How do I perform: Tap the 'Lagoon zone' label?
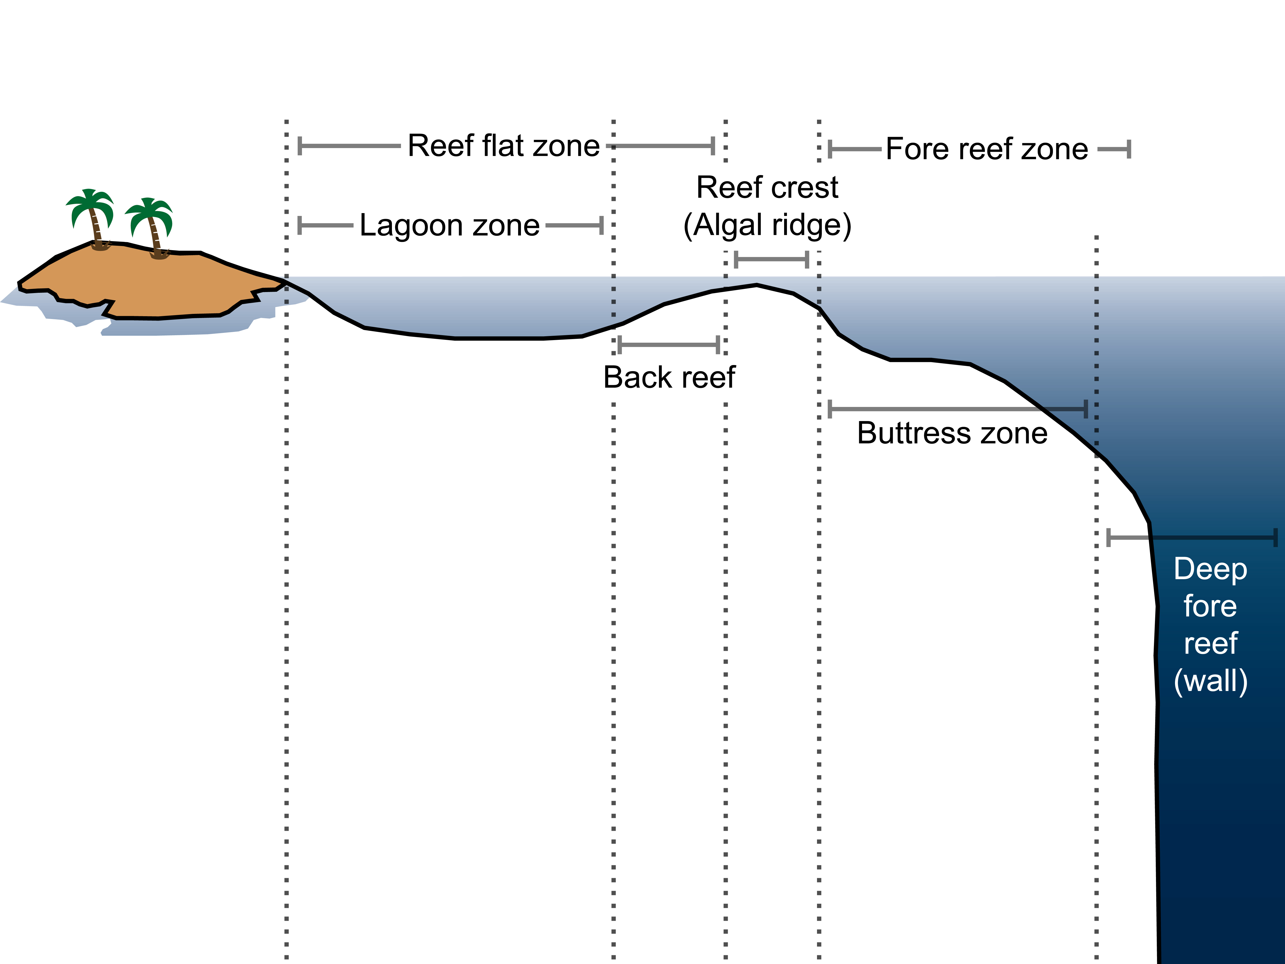[x=450, y=225]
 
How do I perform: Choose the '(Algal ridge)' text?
[x=767, y=225]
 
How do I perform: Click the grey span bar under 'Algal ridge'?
[x=772, y=259]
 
